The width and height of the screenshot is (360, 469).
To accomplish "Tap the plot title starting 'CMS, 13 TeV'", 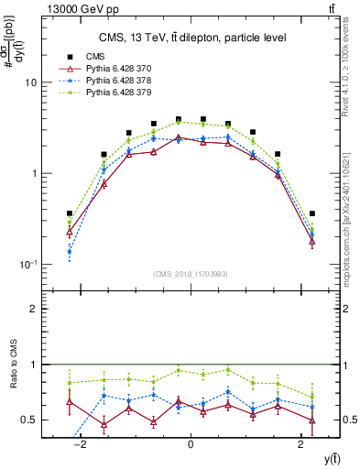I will (x=190, y=38).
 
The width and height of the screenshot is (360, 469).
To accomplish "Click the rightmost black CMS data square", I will (x=312, y=213).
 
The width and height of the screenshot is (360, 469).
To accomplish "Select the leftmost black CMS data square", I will (x=70, y=213).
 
